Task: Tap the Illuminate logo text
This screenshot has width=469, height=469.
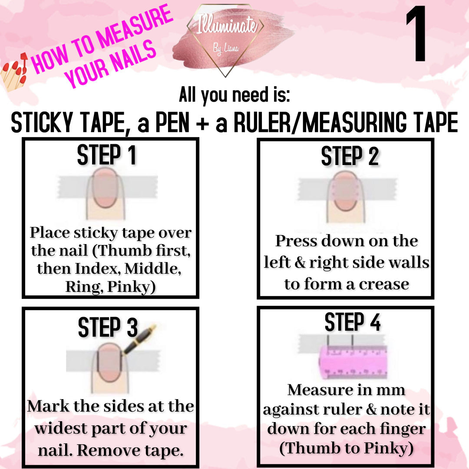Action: [227, 25]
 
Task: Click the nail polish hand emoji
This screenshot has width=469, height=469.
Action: [14, 72]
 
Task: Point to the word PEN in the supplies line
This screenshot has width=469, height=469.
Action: [172, 122]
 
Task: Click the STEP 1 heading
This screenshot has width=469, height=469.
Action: [107, 155]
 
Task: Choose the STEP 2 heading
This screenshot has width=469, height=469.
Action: [350, 156]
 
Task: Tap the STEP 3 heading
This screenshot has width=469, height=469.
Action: [108, 327]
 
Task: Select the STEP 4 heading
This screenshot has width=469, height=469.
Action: [353, 322]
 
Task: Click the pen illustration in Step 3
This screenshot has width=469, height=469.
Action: [139, 339]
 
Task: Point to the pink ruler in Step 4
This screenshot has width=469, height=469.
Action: [353, 362]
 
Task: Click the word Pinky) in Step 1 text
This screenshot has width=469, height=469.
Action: [132, 287]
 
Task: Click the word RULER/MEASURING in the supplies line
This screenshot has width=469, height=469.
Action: [320, 122]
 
